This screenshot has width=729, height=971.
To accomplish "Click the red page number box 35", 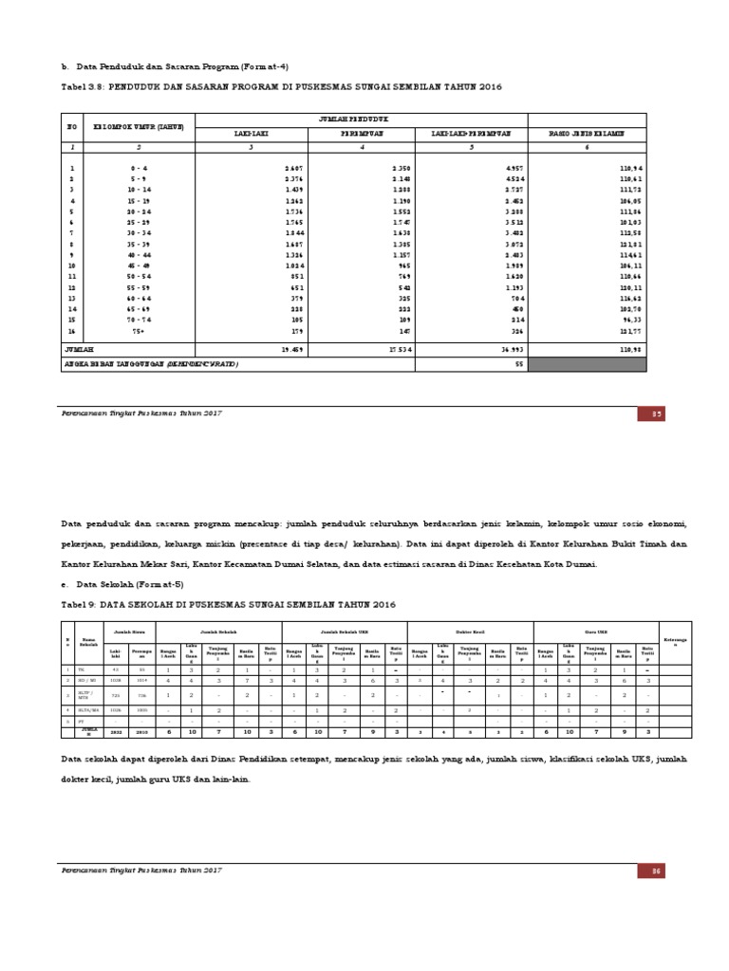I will point(654,413).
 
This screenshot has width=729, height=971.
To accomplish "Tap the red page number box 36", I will point(654,870).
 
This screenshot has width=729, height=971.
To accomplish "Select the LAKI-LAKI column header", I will point(251,134).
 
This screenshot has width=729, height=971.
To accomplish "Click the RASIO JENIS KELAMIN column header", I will point(587,134).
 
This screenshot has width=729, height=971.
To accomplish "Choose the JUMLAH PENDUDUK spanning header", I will point(361,118).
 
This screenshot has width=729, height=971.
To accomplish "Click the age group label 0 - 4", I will point(139,168).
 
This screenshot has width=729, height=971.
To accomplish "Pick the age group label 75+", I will point(139,331).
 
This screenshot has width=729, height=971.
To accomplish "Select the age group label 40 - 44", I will point(139,255).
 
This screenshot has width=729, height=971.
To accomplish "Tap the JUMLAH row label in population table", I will point(81,349).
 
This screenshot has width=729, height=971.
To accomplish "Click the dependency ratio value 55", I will point(518,364).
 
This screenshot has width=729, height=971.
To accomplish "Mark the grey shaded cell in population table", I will point(587,364).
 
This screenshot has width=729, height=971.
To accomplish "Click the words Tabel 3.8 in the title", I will point(83,86).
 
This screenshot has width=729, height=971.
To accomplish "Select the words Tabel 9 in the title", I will point(80,605).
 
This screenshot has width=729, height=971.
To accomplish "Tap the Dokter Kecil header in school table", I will point(470,629).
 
